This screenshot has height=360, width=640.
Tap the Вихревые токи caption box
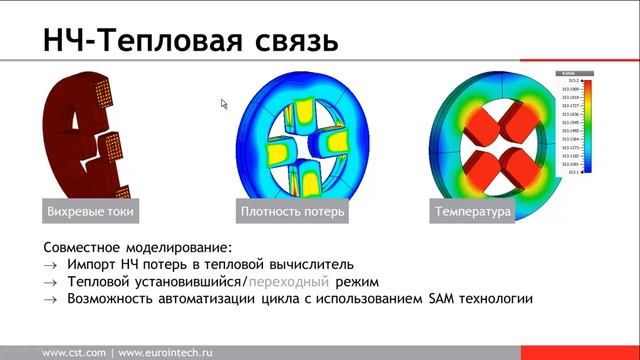(x=90, y=212)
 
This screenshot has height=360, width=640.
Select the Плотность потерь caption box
(x=292, y=212)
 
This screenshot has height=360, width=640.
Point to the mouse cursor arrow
(x=225, y=103)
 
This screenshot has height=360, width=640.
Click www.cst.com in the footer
(x=74, y=352)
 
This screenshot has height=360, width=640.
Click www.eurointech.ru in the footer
(x=165, y=352)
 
